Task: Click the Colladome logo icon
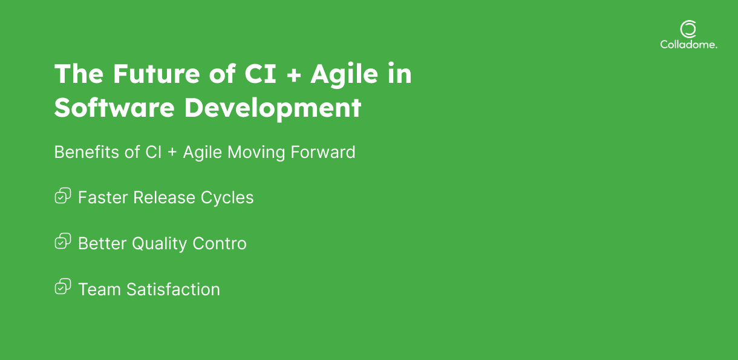click(x=688, y=29)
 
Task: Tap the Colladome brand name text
click(x=688, y=45)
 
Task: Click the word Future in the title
click(x=156, y=74)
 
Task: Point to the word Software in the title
click(x=114, y=108)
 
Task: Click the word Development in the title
click(x=273, y=108)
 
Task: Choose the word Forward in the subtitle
click(x=323, y=152)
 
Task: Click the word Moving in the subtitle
click(x=256, y=153)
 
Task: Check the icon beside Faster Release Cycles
click(x=62, y=196)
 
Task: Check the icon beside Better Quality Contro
click(x=62, y=241)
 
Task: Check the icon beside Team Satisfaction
click(x=62, y=286)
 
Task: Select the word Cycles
click(x=227, y=198)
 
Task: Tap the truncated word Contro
click(x=220, y=244)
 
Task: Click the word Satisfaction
click(x=173, y=289)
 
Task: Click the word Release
click(x=164, y=197)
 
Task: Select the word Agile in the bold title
click(x=344, y=75)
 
